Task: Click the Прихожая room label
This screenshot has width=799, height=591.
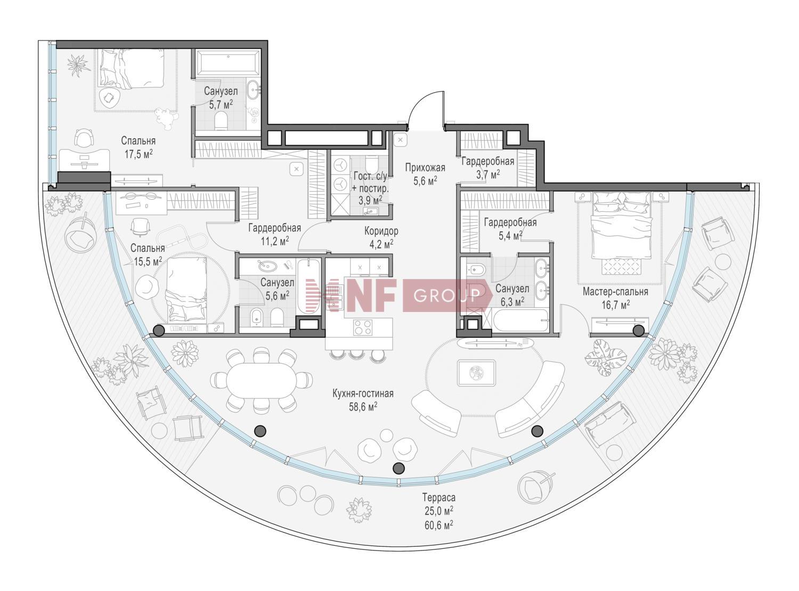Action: (x=425, y=168)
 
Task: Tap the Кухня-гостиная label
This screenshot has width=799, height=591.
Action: (x=363, y=393)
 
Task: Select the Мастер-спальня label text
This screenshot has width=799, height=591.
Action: (x=615, y=291)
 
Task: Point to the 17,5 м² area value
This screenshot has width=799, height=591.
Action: (x=138, y=154)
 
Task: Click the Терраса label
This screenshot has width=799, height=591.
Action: (x=439, y=497)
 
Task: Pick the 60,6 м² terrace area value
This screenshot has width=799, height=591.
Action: (x=439, y=525)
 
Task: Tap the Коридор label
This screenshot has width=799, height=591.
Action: (x=381, y=231)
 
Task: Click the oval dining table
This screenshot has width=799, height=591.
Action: (x=261, y=380)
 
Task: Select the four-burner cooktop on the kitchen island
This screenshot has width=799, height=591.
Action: (x=362, y=327)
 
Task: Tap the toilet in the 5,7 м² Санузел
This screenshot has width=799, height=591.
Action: (x=221, y=121)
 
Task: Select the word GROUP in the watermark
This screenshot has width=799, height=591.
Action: (x=447, y=295)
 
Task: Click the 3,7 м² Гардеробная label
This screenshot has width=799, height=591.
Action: (x=487, y=168)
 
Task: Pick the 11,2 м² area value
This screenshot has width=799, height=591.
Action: (x=275, y=241)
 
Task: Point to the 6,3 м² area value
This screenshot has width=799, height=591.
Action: (x=512, y=302)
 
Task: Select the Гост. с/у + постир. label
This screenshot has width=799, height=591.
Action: (x=371, y=188)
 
